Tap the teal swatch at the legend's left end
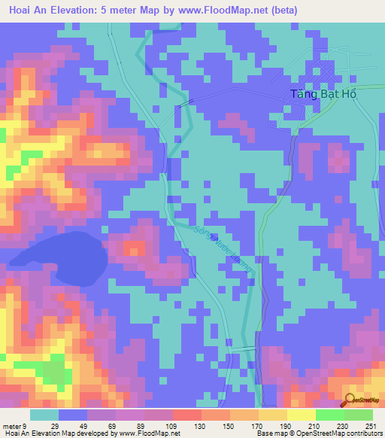click(x=44, y=415)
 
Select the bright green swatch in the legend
click(x=330, y=415)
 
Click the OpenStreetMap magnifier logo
click(x=350, y=400)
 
